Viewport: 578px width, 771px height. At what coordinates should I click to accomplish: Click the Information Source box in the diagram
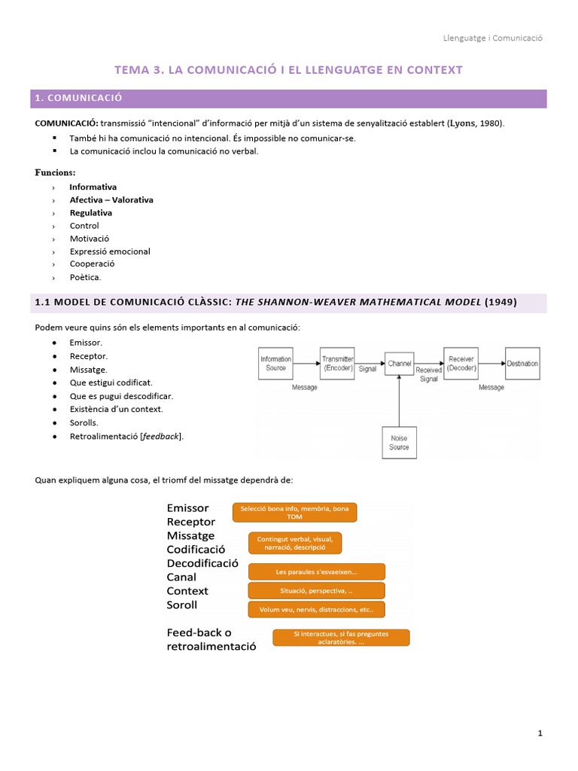pyautogui.click(x=275, y=363)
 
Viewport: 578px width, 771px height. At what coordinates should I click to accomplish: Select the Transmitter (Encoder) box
pyautogui.click(x=337, y=363)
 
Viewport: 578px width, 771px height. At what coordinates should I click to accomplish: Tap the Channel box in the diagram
pyautogui.click(x=399, y=364)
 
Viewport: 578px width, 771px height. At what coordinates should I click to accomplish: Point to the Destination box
pyautogui.click(x=522, y=364)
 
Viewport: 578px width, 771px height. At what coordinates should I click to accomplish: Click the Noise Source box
pyautogui.click(x=399, y=442)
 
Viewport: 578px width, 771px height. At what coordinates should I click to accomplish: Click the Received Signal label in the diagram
pyautogui.click(x=428, y=374)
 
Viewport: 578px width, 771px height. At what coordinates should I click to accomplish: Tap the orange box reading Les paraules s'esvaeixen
pyautogui.click(x=316, y=571)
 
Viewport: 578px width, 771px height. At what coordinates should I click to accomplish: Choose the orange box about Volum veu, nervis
pyautogui.click(x=316, y=608)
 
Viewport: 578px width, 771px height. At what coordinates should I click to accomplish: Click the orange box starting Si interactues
pyautogui.click(x=341, y=638)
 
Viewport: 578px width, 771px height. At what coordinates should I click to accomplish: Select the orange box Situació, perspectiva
pyautogui.click(x=316, y=590)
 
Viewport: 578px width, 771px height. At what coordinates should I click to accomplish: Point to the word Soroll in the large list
pyautogui.click(x=181, y=605)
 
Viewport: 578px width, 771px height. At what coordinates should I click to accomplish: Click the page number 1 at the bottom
pyautogui.click(x=540, y=733)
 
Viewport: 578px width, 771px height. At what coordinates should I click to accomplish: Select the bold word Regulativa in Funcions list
pyautogui.click(x=90, y=213)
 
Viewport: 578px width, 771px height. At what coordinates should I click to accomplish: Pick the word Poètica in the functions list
pyautogui.click(x=85, y=277)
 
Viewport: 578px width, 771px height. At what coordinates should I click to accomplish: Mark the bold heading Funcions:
pyautogui.click(x=55, y=172)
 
